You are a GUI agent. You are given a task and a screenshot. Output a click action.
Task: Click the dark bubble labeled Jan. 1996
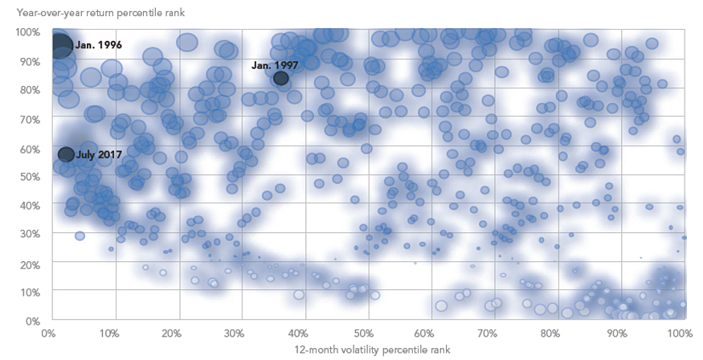(x=61, y=46)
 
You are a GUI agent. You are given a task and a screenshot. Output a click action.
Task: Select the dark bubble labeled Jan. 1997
(x=280, y=78)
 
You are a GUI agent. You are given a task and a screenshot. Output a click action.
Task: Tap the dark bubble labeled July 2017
(x=66, y=154)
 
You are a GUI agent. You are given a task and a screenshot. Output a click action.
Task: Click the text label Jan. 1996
(x=99, y=46)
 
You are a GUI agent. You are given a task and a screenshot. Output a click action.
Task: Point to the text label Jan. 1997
(x=275, y=65)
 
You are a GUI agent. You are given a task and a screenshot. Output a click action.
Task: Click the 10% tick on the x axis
(x=115, y=333)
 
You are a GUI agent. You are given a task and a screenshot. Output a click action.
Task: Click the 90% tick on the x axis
(x=617, y=333)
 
